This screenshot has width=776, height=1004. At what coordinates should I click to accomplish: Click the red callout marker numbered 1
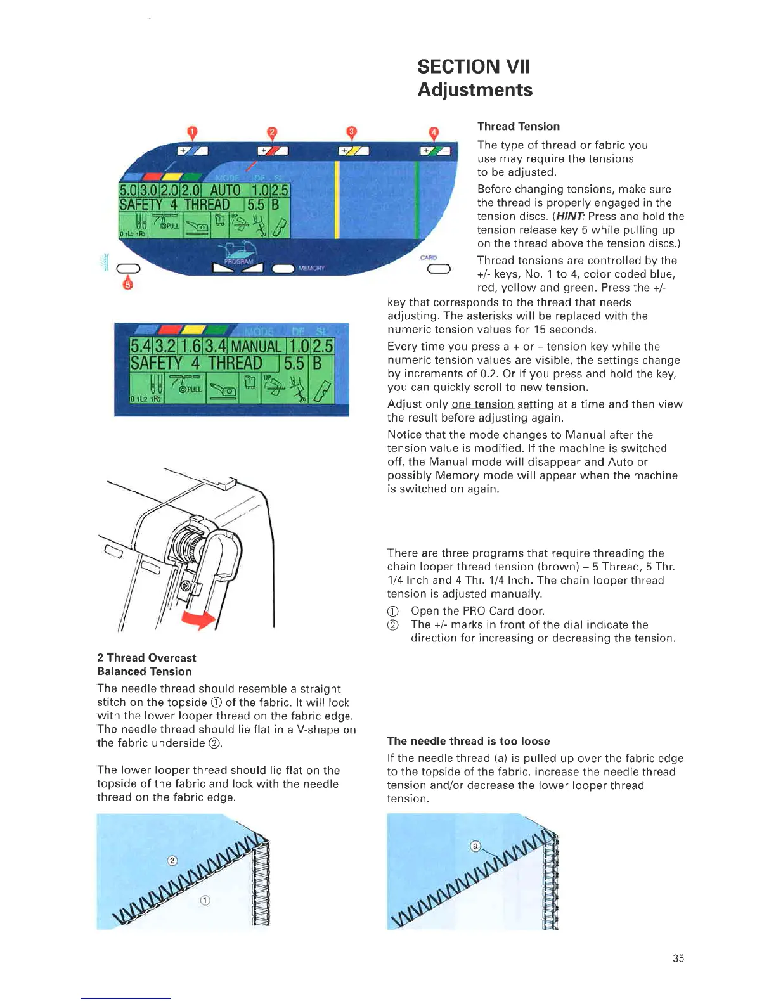192,132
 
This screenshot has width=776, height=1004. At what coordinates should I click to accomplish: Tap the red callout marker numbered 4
434,133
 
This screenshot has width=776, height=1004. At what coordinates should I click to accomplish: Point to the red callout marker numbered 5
128,284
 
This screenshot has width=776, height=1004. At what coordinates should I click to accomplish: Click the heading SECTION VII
473,67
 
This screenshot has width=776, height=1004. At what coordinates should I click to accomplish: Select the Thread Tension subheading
518,126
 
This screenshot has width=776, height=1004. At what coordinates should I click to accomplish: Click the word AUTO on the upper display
225,190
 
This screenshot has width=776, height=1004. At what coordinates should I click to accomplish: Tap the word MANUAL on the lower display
256,346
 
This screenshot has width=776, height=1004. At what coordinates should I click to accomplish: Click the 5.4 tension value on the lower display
141,346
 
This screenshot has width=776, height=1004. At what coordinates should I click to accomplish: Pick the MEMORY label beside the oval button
311,269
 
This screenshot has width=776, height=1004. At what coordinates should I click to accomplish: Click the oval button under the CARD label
439,269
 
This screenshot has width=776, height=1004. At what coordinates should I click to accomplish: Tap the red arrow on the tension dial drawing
199,619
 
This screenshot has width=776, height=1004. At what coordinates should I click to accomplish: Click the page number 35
678,958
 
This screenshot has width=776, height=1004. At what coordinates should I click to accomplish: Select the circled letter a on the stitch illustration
475,846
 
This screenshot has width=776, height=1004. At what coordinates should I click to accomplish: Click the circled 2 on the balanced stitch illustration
172,860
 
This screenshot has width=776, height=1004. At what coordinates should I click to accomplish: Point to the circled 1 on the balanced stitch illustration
205,900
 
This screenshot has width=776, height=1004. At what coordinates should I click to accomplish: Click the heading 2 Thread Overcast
146,658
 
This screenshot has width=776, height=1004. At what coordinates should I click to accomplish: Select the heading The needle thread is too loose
468,741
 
